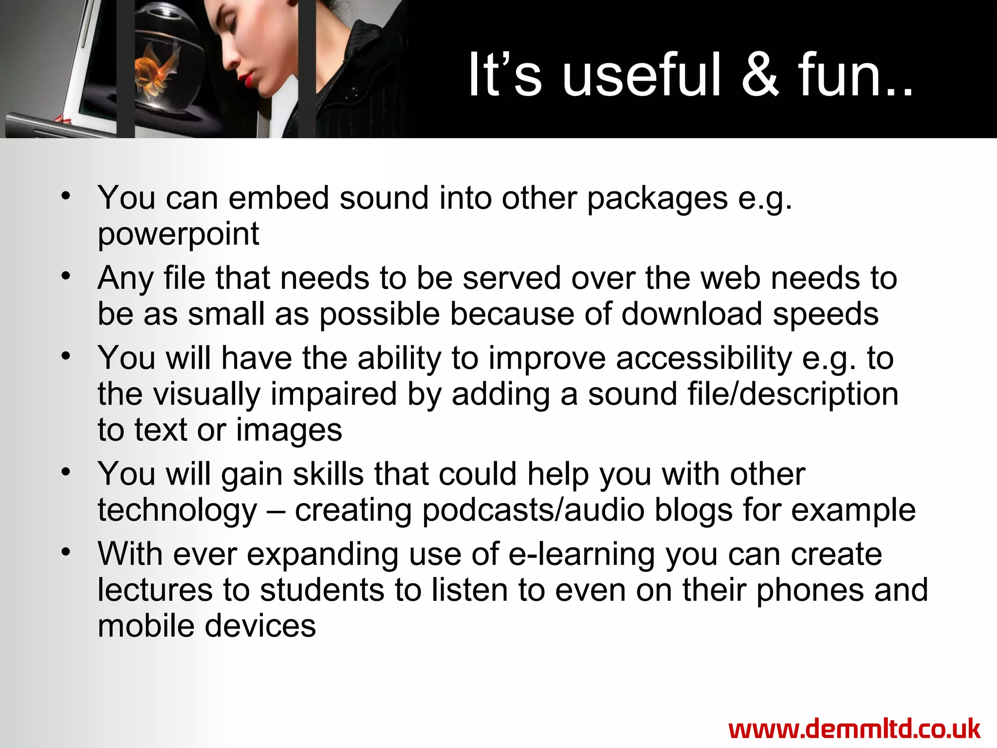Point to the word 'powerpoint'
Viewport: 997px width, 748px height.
tap(178, 234)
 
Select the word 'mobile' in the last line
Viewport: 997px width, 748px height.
tap(146, 626)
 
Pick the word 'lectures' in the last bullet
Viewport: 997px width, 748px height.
tap(155, 590)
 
